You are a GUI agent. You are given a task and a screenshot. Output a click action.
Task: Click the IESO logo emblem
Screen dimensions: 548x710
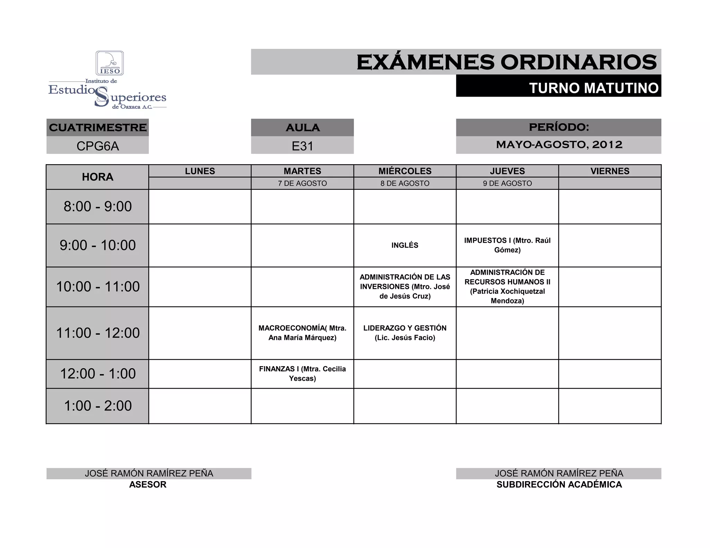(x=110, y=63)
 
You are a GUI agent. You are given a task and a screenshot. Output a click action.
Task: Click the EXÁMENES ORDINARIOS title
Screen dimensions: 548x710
(x=506, y=62)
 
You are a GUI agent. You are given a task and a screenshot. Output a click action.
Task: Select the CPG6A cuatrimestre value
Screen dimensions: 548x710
(x=98, y=146)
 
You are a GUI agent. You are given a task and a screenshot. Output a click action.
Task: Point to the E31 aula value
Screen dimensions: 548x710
(x=302, y=146)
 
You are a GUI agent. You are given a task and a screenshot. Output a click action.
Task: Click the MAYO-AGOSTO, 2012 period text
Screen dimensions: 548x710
(x=559, y=144)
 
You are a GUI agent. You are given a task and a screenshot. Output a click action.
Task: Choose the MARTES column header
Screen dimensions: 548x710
(x=302, y=171)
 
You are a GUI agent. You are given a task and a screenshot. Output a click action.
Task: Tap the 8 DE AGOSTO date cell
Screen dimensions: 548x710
(x=405, y=183)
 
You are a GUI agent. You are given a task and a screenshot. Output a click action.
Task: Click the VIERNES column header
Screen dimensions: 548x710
(x=610, y=171)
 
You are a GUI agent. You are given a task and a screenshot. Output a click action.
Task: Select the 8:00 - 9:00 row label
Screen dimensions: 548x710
(x=98, y=206)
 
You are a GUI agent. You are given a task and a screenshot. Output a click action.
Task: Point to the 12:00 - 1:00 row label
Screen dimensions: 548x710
(x=98, y=374)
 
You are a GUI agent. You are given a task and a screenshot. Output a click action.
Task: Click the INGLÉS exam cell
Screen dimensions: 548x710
(x=405, y=245)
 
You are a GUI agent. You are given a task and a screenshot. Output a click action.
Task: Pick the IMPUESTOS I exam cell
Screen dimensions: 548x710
(x=507, y=245)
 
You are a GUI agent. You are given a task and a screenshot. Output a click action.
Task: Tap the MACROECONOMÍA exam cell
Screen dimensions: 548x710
(x=302, y=333)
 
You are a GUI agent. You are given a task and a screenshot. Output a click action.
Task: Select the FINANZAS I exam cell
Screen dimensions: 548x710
(x=302, y=374)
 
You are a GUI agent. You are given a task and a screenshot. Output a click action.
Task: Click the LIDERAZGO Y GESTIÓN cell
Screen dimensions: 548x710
(x=405, y=333)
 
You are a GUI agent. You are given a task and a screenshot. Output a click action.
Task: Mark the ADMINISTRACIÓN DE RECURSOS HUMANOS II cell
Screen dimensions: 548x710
(x=507, y=286)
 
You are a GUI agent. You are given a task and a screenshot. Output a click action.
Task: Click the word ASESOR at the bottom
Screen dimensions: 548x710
(x=148, y=485)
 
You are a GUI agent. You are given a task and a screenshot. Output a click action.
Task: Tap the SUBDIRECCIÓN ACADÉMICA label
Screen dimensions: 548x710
(x=559, y=485)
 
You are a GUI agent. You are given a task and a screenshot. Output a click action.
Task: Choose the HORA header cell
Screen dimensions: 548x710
(x=98, y=177)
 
